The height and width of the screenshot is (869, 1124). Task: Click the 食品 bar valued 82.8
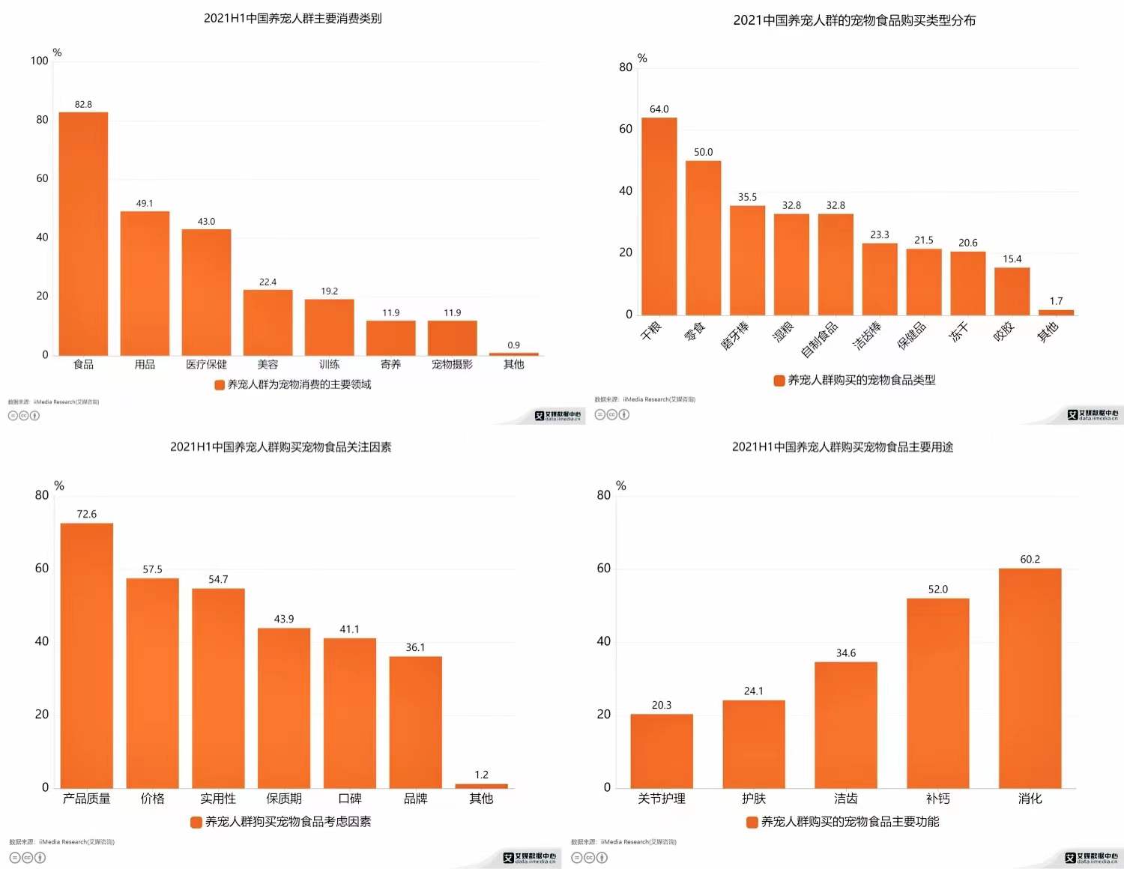pos(83,234)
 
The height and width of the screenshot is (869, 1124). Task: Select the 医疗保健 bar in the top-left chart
pos(206,292)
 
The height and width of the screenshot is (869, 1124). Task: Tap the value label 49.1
pos(145,204)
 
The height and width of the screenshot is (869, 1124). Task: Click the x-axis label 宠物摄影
pos(452,365)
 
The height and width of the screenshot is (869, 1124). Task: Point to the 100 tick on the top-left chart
pos(40,61)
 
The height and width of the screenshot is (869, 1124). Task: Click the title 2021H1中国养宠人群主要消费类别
pos(292,18)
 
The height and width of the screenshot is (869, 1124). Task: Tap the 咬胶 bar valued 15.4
pos(1012,291)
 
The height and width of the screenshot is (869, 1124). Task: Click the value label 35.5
pos(747,197)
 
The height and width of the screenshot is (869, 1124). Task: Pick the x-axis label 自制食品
pos(819,339)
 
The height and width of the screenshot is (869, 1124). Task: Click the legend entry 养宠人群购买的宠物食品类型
pos(861,381)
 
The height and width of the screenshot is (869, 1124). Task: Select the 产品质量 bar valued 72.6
pos(86,655)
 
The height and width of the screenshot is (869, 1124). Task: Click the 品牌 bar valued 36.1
pos(415,721)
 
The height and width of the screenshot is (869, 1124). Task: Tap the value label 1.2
pos(481,775)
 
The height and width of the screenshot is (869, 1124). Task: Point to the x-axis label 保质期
pos(284,799)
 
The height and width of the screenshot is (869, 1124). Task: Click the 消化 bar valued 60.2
pos(1030,677)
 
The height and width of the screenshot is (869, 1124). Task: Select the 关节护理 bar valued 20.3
pos(661,750)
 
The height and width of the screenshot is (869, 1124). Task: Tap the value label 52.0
pos(937,590)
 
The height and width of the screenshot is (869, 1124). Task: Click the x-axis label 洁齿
pos(845,799)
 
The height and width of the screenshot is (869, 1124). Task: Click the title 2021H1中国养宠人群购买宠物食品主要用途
pos(842,447)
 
